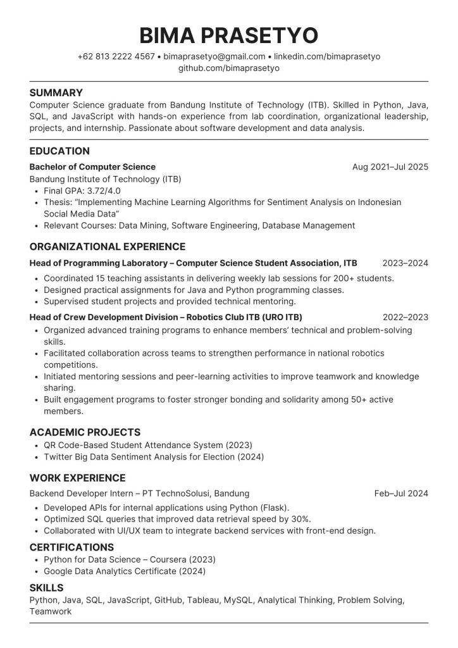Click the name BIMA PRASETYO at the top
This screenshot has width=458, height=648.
click(229, 35)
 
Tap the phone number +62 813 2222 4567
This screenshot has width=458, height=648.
click(116, 56)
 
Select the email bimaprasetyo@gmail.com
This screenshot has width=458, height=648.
click(214, 56)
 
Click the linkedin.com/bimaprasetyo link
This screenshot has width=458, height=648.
click(327, 56)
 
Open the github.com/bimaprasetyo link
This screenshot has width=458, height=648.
click(229, 68)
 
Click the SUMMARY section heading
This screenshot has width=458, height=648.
click(56, 92)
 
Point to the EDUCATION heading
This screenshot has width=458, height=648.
click(59, 151)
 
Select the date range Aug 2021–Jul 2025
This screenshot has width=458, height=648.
click(390, 167)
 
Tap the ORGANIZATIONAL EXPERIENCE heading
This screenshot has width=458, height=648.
click(108, 247)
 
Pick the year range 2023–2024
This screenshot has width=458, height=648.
click(405, 263)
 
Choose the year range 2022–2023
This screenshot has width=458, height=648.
click(405, 317)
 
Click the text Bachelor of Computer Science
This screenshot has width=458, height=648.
click(92, 167)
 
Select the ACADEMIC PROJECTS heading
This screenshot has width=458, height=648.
click(85, 433)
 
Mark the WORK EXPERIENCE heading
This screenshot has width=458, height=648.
click(77, 478)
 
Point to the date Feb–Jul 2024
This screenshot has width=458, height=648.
click(401, 494)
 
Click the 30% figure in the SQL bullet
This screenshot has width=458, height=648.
click(300, 519)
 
